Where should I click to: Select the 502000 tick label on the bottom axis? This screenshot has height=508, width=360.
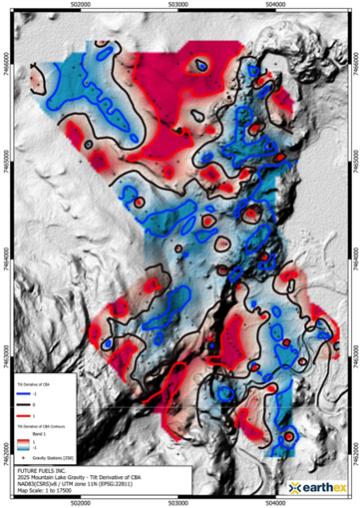85,501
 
